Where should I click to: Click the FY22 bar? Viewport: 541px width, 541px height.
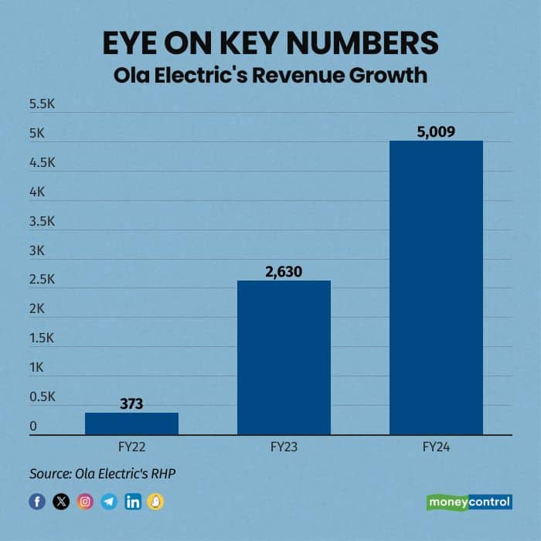point(131,424)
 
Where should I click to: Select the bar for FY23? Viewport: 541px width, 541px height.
point(284,357)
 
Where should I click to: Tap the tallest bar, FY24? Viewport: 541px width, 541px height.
point(436,288)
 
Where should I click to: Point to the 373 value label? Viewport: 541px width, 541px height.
point(131,403)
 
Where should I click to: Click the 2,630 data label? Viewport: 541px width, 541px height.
point(284,271)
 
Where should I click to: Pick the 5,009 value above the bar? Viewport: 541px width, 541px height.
point(436,131)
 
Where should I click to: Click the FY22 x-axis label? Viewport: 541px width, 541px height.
point(131,447)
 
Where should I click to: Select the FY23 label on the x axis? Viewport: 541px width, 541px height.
point(284,447)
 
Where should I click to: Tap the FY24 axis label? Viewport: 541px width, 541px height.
point(436,447)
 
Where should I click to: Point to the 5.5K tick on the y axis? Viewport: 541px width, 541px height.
point(43,104)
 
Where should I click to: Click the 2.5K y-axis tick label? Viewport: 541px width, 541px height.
point(43,280)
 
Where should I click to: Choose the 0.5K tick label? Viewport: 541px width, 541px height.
point(43,397)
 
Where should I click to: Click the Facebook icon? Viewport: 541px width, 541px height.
point(37,502)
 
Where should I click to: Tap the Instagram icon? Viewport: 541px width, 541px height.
point(85,502)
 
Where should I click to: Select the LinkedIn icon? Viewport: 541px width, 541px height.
point(133,502)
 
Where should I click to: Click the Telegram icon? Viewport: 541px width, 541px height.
point(109,502)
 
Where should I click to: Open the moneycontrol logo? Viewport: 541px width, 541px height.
point(469,502)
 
